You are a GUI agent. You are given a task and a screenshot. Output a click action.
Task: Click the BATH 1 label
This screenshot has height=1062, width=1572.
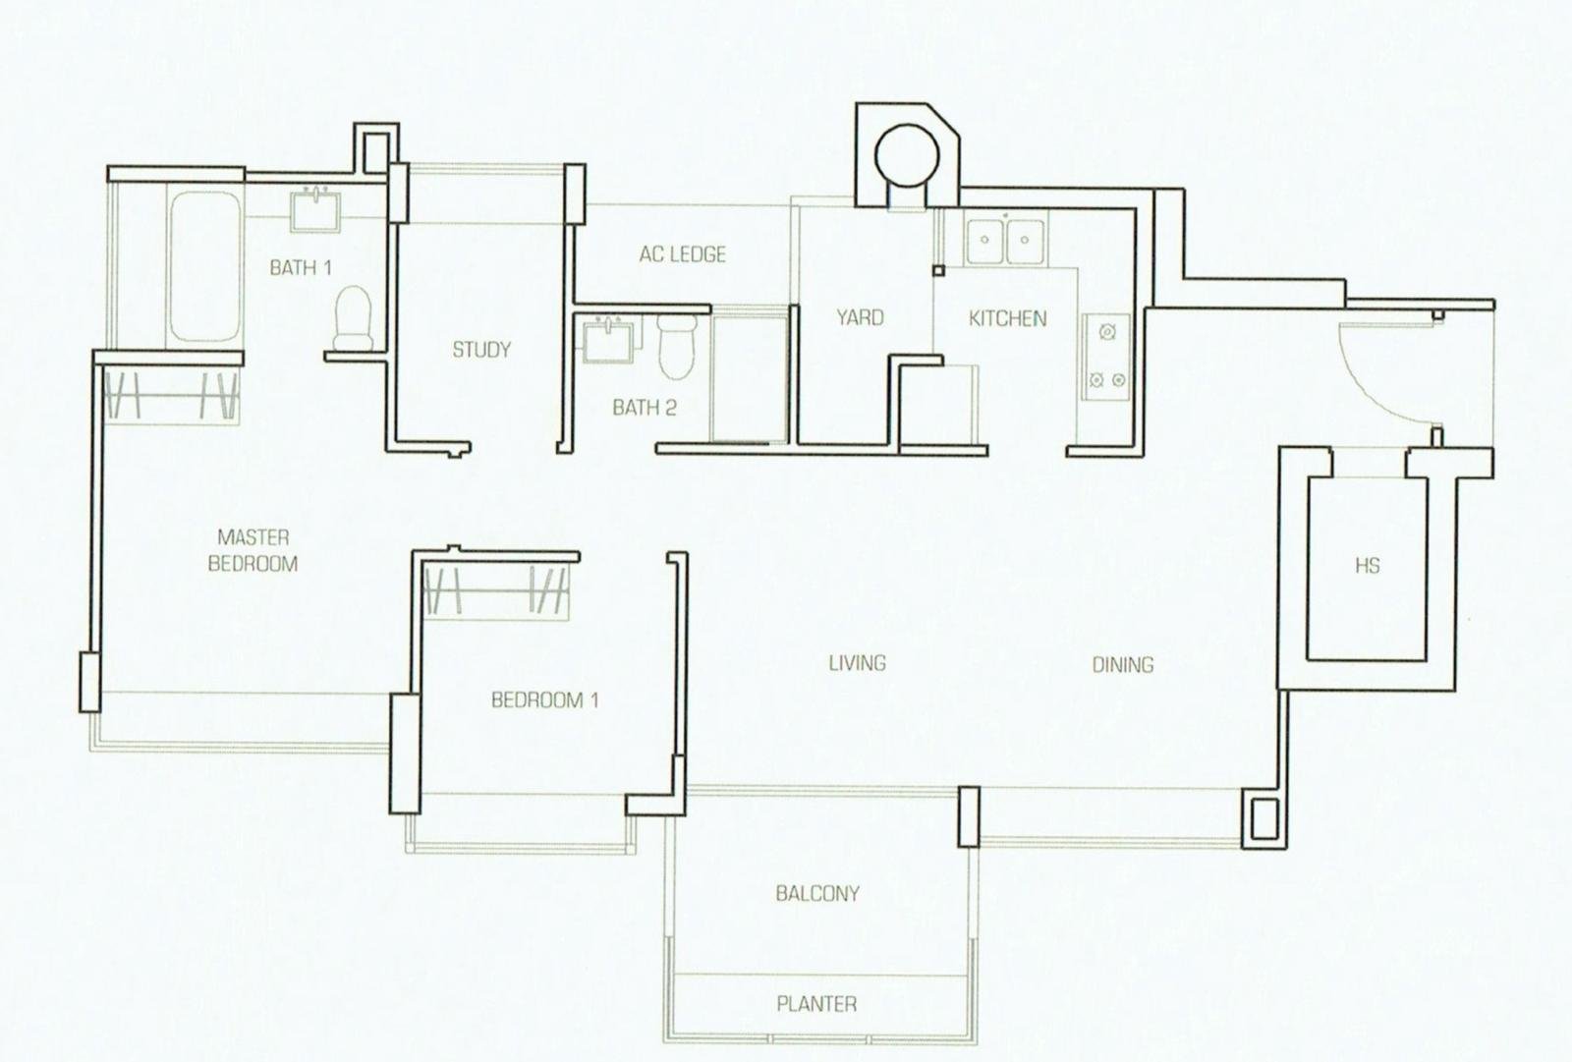301,267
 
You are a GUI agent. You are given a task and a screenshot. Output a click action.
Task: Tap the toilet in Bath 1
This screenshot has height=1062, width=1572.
353,318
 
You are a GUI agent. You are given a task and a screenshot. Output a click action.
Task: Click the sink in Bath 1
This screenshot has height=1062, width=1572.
315,209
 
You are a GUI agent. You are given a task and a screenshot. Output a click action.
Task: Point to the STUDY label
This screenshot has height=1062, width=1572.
481,350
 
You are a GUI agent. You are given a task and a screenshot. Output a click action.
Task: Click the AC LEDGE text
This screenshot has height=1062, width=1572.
682,254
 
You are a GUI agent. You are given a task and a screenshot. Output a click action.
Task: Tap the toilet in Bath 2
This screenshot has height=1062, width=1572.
677,346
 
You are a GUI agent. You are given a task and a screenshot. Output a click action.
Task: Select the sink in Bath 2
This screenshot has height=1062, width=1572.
609,339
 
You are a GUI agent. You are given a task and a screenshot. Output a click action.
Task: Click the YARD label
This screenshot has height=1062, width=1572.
860,318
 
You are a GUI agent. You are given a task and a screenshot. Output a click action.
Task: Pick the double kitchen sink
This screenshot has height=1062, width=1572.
1005,241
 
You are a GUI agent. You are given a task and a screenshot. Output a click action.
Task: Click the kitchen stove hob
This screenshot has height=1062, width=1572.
1106,357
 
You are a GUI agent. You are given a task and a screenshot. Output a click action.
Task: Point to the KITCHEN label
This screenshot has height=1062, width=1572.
1008,319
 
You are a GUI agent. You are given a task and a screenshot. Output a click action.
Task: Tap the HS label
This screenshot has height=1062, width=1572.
1367,565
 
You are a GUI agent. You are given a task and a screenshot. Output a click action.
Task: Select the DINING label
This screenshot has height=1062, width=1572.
1123,665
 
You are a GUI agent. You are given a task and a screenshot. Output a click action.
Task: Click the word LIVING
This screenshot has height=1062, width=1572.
857,662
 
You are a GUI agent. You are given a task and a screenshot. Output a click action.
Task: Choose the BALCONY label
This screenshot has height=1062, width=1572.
817,894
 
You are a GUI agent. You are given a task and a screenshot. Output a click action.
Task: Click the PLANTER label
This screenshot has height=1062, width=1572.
816,1004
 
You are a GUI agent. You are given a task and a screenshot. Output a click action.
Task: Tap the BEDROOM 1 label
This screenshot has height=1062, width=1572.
545,699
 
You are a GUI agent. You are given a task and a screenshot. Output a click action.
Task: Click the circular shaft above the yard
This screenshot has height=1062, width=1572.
907,157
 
